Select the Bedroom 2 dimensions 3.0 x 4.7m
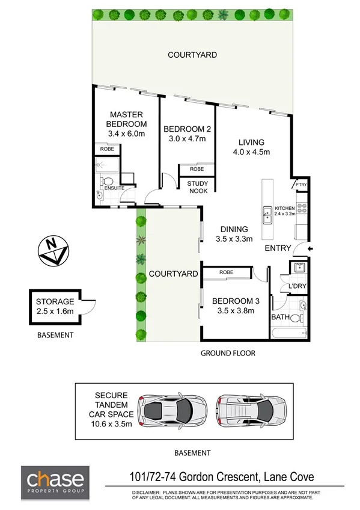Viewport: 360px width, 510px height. pos(186,139)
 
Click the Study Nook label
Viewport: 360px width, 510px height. pos(197,186)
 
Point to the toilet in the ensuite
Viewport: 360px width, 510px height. pos(107,181)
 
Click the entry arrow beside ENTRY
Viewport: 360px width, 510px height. pos(310,248)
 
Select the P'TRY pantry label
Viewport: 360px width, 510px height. pos(300,185)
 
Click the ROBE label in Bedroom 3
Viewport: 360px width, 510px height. pos(226,272)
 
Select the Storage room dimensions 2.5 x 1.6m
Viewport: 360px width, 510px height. pos(54,311)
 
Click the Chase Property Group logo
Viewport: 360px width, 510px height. pos(55,483)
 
